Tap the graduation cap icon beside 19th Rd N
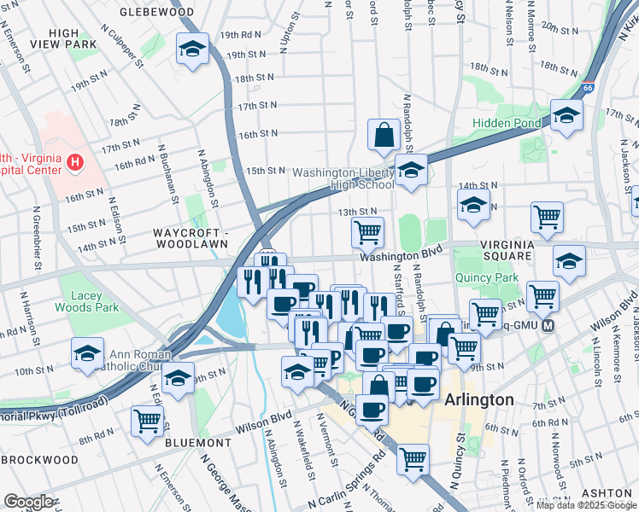192,49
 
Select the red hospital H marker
77,160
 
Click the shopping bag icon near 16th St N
384,134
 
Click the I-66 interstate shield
587,87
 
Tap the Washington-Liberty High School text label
343,177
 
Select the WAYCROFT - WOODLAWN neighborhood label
191,237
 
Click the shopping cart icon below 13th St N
367,231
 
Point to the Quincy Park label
488,277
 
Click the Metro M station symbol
548,327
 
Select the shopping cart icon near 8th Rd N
147,421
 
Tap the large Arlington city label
478,399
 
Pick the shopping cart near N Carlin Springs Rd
413,458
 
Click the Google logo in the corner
27,502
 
